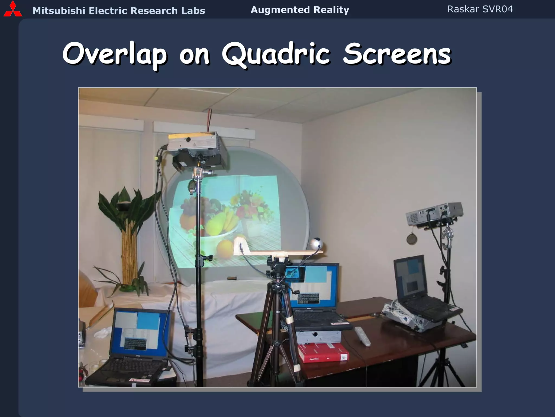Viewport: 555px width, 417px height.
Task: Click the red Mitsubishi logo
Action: click(x=12, y=10)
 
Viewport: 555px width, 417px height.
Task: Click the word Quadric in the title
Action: click(x=276, y=54)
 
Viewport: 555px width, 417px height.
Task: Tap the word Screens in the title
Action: click(x=397, y=54)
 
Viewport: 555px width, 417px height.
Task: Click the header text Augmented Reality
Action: click(x=300, y=10)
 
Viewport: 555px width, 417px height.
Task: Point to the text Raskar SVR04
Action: click(x=480, y=9)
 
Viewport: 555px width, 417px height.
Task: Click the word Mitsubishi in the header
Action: click(x=59, y=11)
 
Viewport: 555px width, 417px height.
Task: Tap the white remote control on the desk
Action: click(x=362, y=336)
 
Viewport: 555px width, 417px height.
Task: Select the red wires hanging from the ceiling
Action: click(x=209, y=119)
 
